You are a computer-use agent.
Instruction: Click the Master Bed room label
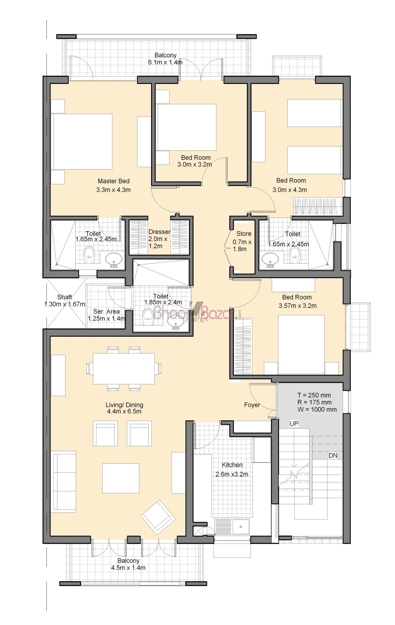coord(114,181)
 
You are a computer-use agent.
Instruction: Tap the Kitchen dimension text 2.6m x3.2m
coord(232,474)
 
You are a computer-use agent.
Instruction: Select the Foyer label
coord(252,405)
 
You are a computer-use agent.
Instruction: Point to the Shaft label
coord(64,297)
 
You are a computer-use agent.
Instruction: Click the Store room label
coord(244,234)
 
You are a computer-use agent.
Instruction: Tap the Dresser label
coord(160,232)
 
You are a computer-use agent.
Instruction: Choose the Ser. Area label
coord(106,311)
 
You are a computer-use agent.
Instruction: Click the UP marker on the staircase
coord(294,423)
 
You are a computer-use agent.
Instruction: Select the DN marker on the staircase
coord(333,455)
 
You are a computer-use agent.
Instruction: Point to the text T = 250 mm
coord(314,395)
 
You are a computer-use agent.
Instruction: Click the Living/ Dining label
coord(125,405)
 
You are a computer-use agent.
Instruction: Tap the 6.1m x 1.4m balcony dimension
coord(165,62)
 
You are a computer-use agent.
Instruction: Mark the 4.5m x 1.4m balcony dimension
coord(128,568)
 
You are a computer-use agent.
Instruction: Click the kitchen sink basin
coord(241,527)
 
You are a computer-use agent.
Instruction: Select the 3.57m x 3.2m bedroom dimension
coord(297,305)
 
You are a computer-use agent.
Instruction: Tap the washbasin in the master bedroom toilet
coord(114,259)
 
